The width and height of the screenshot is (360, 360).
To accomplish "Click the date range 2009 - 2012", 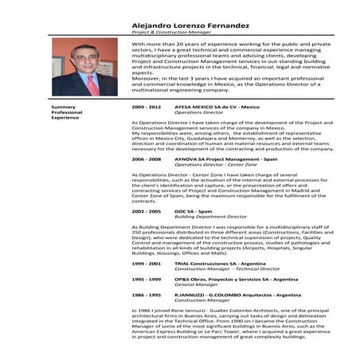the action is pos(147,107).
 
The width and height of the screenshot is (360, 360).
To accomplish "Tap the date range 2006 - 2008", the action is pos(147,158).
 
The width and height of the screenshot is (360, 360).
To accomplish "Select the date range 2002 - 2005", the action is pos(147,211).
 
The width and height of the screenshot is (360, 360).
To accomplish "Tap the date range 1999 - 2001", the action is pos(147,263).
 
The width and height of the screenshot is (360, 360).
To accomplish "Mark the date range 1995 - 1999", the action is pos(147,279).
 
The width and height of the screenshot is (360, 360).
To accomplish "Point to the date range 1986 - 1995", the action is pos(147,295).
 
